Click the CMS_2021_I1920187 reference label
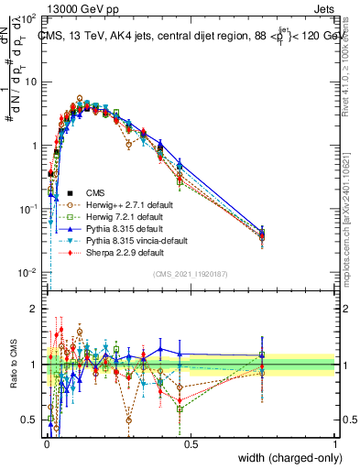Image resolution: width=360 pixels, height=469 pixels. [x=189, y=273]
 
